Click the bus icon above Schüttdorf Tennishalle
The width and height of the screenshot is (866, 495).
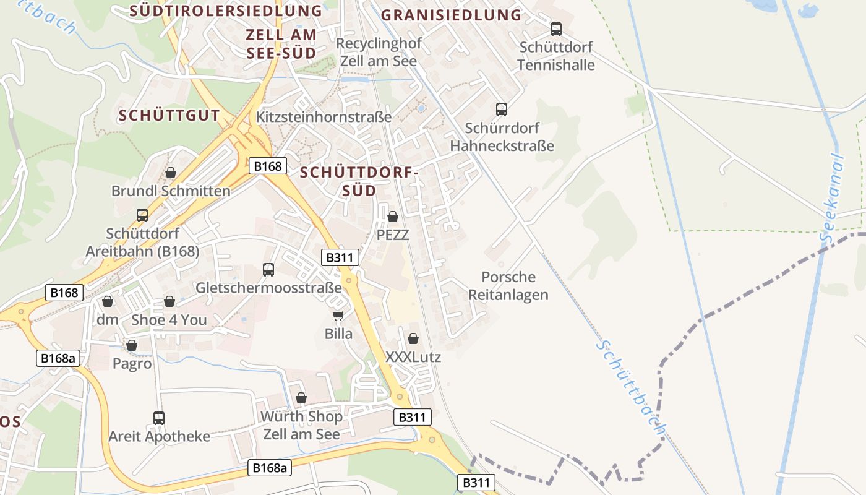pos(555,28)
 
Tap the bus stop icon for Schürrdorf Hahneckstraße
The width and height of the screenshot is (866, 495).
pos(502,110)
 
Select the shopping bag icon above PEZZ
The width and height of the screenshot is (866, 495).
pos(393,217)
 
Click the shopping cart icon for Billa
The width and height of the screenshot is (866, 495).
pos(338,316)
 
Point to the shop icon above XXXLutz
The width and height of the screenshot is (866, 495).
pos(413,338)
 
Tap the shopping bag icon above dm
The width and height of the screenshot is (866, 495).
pos(108,301)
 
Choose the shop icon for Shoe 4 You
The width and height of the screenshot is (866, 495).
pos(169,301)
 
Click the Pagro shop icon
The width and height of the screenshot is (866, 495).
pos(132,345)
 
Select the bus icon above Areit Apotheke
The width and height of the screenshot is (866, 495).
pos(159,418)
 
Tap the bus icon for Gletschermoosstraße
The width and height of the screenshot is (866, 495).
pos(268,269)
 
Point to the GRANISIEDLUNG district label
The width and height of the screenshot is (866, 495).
pos(451,15)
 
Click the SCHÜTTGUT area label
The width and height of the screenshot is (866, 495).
pos(169,115)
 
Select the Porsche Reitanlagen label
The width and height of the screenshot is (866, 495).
pos(508,286)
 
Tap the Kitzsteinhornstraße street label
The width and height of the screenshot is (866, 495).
pos(324,116)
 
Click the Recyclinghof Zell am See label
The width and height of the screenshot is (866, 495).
pos(379,53)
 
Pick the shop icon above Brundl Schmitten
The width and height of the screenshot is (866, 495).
pos(170,173)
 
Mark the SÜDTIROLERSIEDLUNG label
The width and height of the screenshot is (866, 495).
pos(226,11)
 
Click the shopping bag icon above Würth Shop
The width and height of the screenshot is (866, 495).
pos(301,398)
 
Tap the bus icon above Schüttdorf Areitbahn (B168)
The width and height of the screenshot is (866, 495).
pos(142,215)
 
